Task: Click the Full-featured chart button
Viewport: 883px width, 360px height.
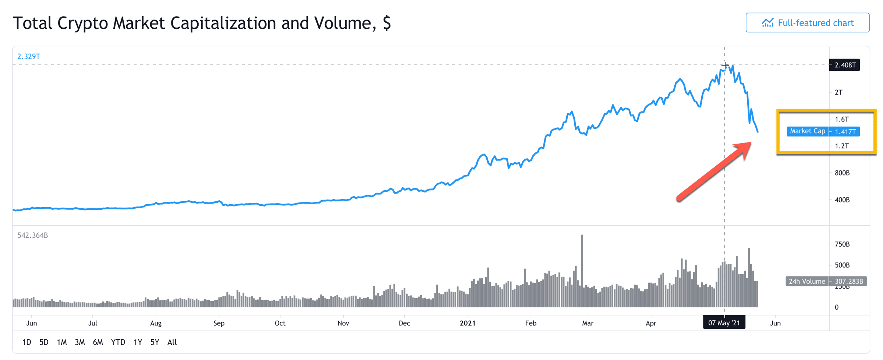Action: tap(807, 23)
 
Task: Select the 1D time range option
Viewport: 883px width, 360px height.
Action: tap(26, 342)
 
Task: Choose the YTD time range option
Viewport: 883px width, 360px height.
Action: tap(118, 342)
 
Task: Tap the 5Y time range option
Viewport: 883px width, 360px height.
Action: tap(155, 342)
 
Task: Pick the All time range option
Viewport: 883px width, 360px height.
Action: tap(172, 342)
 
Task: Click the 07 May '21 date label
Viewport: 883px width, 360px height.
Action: tap(724, 323)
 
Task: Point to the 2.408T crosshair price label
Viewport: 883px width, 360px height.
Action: tap(845, 65)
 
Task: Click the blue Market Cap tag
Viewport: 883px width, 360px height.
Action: tap(807, 131)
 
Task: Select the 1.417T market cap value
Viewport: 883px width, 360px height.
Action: tap(845, 131)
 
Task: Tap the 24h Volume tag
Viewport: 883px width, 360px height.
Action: tap(806, 281)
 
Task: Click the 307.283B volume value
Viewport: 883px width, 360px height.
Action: tap(848, 281)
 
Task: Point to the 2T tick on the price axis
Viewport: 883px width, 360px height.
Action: tap(838, 92)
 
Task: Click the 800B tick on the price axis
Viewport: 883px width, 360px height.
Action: tap(842, 173)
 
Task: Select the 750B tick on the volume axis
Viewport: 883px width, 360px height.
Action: tap(842, 244)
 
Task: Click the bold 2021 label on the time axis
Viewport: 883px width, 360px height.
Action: tap(468, 323)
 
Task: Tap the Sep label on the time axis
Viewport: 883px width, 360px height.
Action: tap(219, 323)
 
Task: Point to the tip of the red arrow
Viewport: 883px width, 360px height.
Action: tap(751, 143)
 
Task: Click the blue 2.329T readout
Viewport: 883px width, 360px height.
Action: tap(29, 56)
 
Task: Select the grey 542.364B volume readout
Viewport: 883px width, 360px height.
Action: tap(32, 235)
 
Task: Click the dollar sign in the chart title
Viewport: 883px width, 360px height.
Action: tap(387, 23)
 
